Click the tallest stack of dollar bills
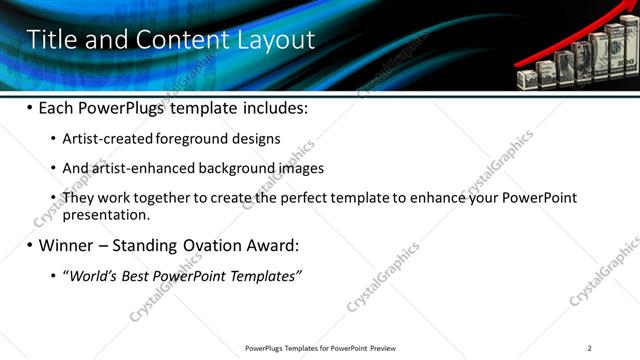[623, 57]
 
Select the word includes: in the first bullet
[271, 107]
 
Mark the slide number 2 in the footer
[590, 348]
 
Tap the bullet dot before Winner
[29, 245]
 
